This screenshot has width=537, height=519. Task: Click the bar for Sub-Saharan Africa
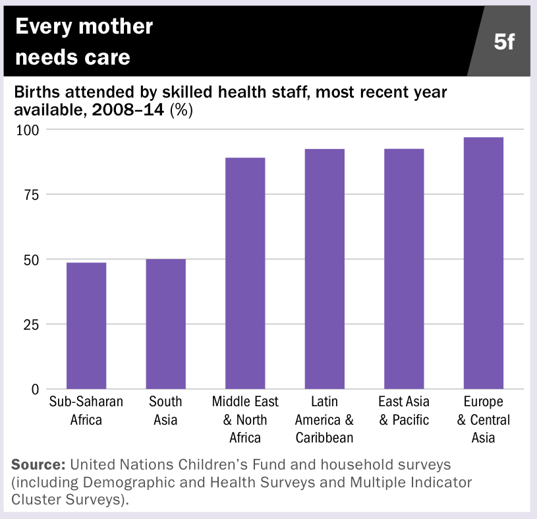(86, 326)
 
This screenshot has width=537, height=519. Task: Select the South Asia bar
(165, 324)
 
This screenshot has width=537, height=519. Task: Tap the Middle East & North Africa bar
(245, 273)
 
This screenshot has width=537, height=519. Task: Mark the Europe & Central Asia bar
(484, 263)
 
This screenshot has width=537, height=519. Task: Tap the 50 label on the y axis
(32, 259)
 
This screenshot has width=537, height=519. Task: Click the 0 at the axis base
(36, 389)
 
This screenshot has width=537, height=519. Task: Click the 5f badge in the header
(505, 42)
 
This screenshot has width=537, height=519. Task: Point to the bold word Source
(36, 464)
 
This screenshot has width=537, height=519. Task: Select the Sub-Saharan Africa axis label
(86, 410)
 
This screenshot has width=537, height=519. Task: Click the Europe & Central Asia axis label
(484, 419)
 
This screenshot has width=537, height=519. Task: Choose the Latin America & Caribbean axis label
(324, 419)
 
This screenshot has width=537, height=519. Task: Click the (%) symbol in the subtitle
(181, 110)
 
